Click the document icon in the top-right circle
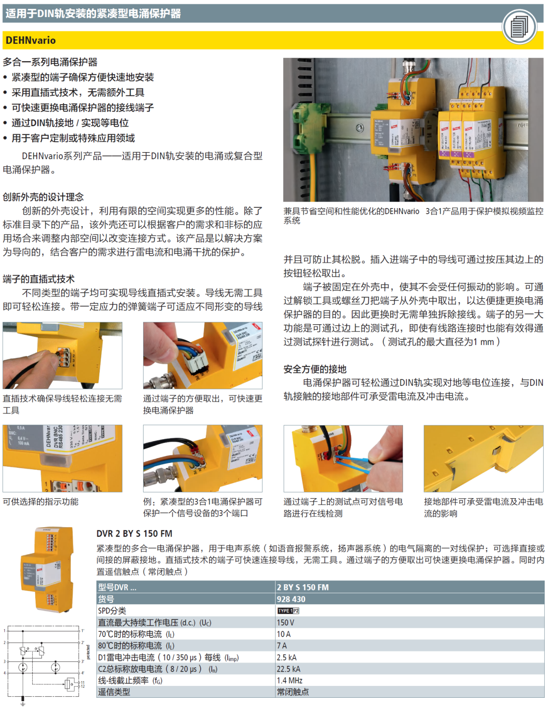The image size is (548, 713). click(x=519, y=26)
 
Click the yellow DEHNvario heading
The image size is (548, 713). click(x=31, y=40)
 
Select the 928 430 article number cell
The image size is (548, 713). click(x=291, y=599)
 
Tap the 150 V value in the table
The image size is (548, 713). click(x=286, y=622)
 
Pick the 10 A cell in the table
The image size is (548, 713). click(x=284, y=634)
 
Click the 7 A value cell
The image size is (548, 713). click(x=282, y=646)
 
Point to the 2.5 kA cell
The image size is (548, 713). click(x=287, y=657)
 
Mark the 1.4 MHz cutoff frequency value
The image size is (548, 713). click(x=289, y=681)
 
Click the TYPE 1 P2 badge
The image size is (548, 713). click(x=288, y=611)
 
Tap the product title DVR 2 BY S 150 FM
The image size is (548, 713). click(x=135, y=534)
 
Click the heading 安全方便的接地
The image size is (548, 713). click(x=315, y=369)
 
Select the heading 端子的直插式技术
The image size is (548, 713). click(x=39, y=279)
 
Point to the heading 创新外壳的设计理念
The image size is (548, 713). click(x=43, y=197)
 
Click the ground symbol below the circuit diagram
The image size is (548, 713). click(x=22, y=701)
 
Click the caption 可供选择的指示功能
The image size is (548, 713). click(x=41, y=501)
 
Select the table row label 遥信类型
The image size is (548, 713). click(x=114, y=692)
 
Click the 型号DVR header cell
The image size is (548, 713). click(x=117, y=588)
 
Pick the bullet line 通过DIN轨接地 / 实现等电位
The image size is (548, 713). click(x=70, y=123)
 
